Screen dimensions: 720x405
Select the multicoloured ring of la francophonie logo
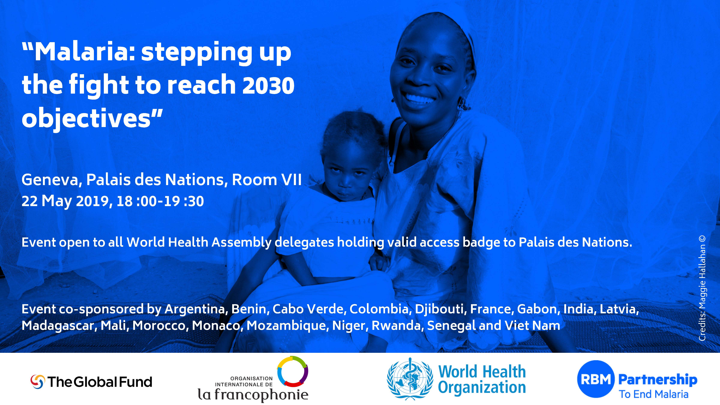pos(293,371)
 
